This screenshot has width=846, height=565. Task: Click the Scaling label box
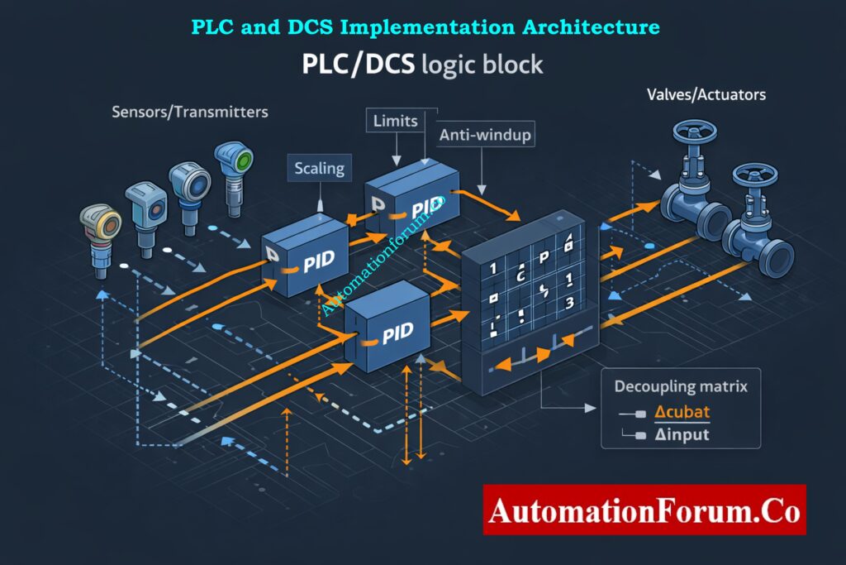(x=319, y=169)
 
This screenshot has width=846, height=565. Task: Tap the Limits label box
(x=395, y=121)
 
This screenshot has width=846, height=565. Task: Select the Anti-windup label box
(x=485, y=134)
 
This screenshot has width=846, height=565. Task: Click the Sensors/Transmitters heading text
(x=189, y=111)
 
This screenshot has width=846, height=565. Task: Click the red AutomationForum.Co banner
(x=644, y=510)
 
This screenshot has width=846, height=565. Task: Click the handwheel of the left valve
(x=691, y=133)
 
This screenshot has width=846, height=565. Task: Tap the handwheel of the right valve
(x=754, y=175)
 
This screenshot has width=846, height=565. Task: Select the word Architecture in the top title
(x=591, y=26)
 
